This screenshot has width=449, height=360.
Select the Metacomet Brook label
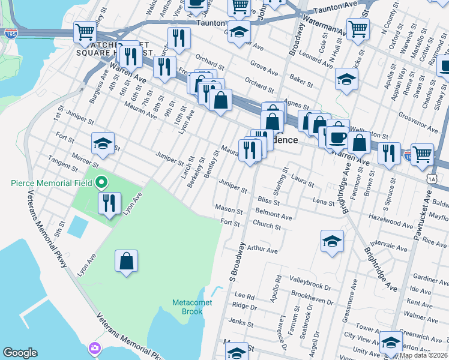(x=192, y=307)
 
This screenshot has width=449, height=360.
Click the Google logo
(x=20, y=353)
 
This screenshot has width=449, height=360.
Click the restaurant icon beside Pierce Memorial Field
(x=110, y=203)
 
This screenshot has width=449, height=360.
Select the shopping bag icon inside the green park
(x=127, y=261)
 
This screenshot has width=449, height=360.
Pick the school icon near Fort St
(x=103, y=143)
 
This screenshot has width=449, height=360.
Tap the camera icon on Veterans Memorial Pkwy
(x=95, y=348)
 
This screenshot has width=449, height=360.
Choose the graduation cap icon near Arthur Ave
(x=331, y=241)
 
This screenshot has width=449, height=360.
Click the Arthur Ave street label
(x=261, y=248)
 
